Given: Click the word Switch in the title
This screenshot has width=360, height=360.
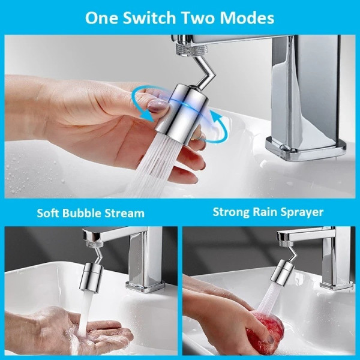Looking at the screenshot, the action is pyautogui.click(x=149, y=18).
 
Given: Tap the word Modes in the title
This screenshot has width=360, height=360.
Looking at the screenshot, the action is pyautogui.click(x=247, y=18).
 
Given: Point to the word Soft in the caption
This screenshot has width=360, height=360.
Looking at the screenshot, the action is pyautogui.click(x=48, y=213).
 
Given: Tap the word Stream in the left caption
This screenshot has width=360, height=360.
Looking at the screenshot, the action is pyautogui.click(x=124, y=213).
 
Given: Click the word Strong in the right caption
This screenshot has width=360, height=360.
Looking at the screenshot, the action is pyautogui.click(x=231, y=212).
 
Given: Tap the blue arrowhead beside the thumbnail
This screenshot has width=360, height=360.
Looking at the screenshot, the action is pyautogui.click(x=148, y=116).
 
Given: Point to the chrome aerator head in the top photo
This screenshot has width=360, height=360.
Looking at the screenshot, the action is pyautogui.click(x=181, y=114).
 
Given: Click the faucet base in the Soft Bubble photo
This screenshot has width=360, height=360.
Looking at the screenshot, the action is pyautogui.click(x=145, y=286).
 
